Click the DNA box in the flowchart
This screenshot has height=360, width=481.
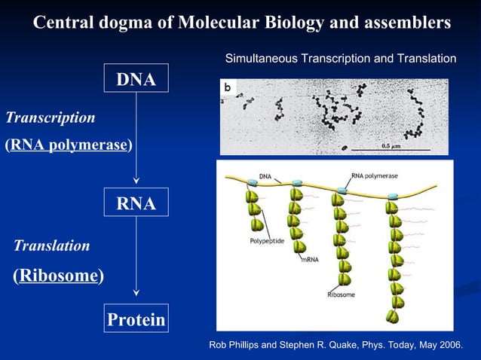[136, 80]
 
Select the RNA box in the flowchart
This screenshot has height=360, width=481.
[136, 203]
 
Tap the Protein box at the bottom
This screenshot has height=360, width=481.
[136, 319]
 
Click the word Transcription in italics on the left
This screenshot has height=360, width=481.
[51, 117]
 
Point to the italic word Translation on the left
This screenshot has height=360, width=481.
[52, 246]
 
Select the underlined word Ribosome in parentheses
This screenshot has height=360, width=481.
[59, 276]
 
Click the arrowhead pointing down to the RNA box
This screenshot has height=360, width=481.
[136, 180]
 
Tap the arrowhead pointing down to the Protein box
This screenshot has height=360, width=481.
[136, 293]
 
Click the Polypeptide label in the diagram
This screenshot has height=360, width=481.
[266, 242]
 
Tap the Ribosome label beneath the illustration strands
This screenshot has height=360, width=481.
[341, 294]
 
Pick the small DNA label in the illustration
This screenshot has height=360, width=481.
[265, 176]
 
